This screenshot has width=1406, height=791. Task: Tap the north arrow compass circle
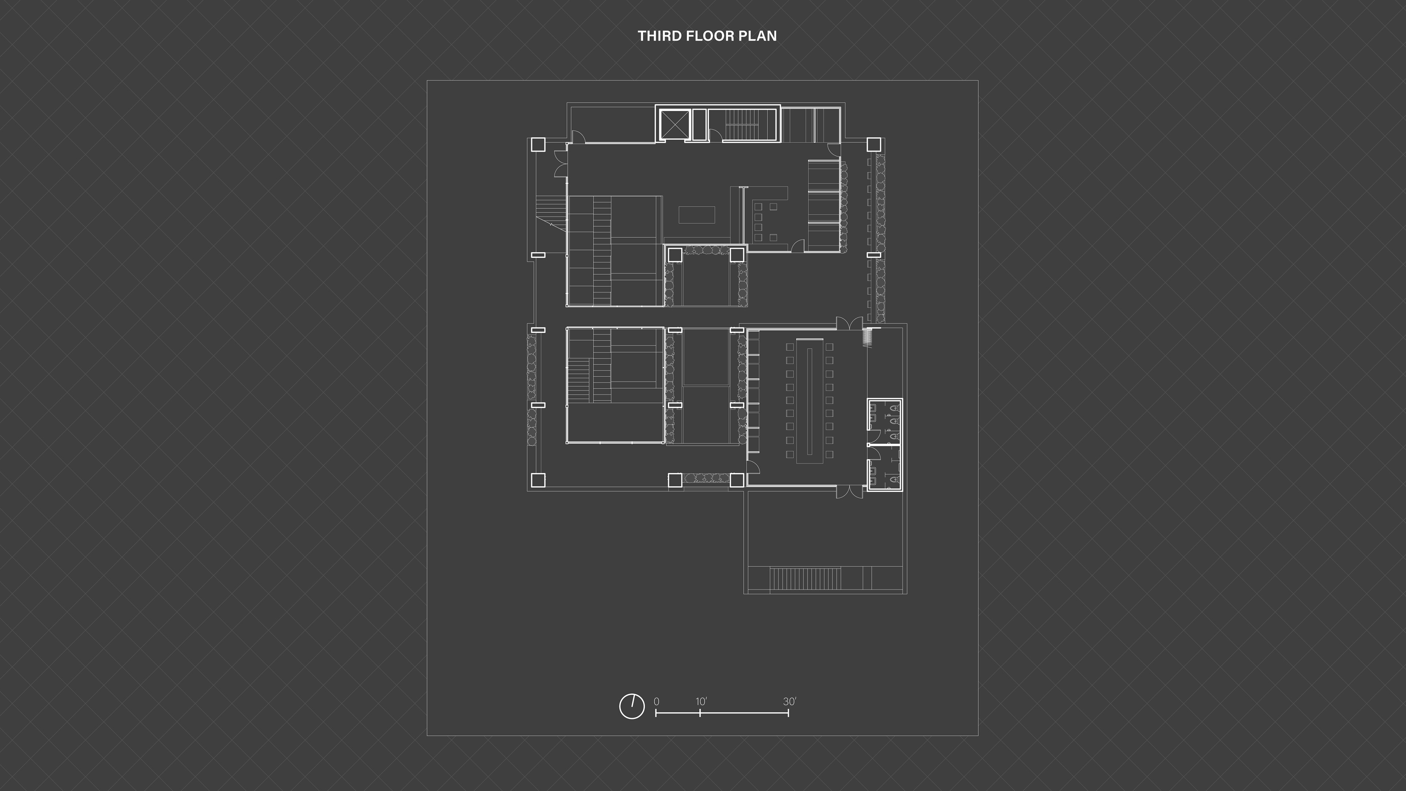(x=632, y=706)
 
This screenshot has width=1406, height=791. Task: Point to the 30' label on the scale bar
(x=790, y=702)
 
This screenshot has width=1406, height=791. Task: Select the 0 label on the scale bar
(x=656, y=702)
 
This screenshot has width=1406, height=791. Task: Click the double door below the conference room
(x=850, y=492)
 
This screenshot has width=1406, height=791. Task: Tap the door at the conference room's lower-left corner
(x=753, y=467)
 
